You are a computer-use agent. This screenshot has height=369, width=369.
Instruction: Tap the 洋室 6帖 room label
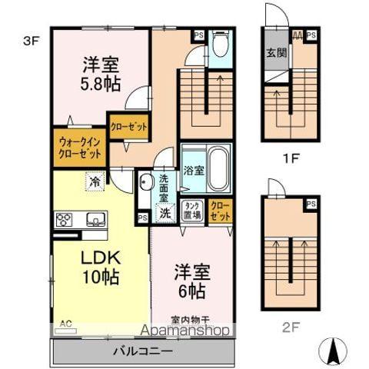[x=193, y=282]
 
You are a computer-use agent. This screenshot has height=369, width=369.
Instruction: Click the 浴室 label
[x=193, y=171]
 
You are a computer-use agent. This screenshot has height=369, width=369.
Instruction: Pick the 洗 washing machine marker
[x=164, y=214]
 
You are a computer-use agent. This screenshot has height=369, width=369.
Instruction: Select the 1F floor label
[x=289, y=161]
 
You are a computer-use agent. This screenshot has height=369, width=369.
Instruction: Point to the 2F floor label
[x=289, y=325]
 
